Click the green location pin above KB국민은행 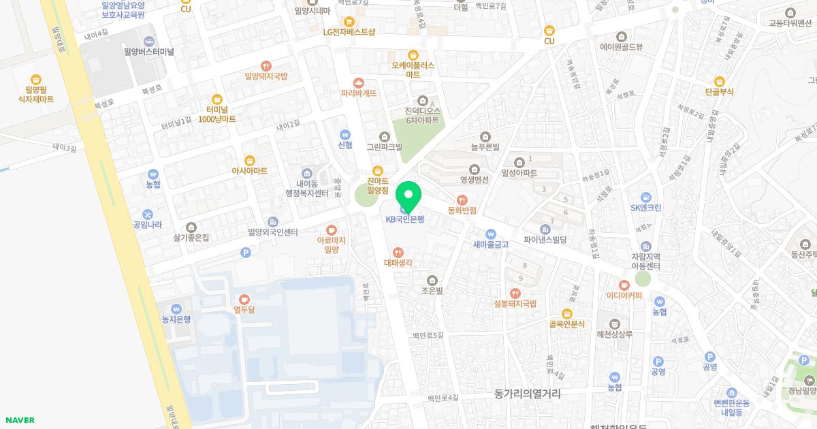[x=408, y=196]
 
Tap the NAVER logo [x=19, y=420]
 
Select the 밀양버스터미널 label [x=149, y=51]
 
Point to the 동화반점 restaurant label [x=462, y=210]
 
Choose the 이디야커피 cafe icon [x=624, y=285]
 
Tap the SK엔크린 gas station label [x=646, y=208]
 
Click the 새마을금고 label [x=490, y=244]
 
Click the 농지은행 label [x=176, y=319]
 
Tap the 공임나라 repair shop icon [x=148, y=214]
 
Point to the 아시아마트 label [x=250, y=170]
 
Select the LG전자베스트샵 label [x=349, y=31]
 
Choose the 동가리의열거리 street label [x=528, y=393]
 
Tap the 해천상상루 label [x=615, y=334]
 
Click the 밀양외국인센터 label [x=273, y=232]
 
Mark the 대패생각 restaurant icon [x=398, y=253]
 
